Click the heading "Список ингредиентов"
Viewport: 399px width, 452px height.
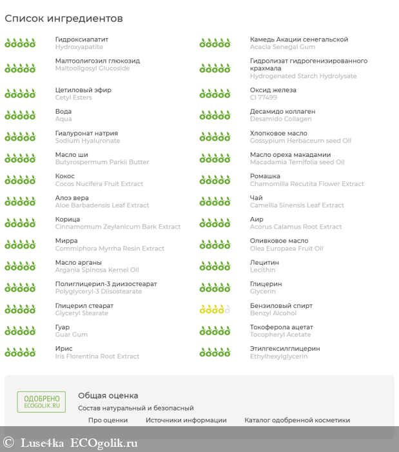click(x=64, y=19)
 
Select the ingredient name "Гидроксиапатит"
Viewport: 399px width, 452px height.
click(x=82, y=39)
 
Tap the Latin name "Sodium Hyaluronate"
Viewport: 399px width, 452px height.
click(x=88, y=141)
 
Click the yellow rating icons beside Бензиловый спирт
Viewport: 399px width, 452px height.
click(x=215, y=309)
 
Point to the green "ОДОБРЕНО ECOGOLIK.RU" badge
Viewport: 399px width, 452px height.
click(x=41, y=402)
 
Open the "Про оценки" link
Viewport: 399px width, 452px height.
click(x=108, y=420)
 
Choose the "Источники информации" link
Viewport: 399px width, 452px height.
click(x=186, y=420)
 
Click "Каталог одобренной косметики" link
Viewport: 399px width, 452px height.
click(x=297, y=420)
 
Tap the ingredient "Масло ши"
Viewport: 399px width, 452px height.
click(x=72, y=155)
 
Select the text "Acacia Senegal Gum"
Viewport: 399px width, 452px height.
click(x=282, y=47)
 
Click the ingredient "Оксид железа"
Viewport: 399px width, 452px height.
click(x=273, y=90)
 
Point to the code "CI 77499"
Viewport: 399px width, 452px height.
click(x=264, y=98)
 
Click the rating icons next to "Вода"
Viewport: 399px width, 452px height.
click(x=20, y=115)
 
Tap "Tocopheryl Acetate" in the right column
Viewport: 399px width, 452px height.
click(x=280, y=334)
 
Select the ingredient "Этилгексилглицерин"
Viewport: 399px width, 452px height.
click(x=285, y=349)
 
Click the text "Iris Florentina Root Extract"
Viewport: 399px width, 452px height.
click(x=97, y=356)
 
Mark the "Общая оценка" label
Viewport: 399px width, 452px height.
click(x=108, y=395)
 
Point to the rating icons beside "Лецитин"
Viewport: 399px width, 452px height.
click(x=215, y=266)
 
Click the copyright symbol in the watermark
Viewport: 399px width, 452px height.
click(x=8, y=443)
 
